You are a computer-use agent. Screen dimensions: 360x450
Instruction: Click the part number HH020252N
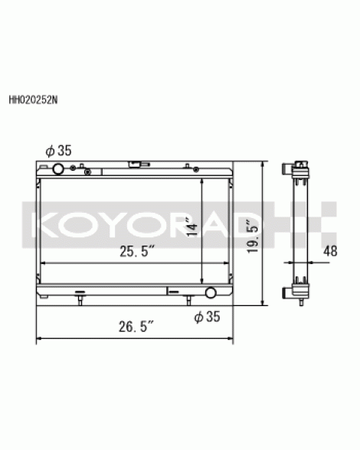[33, 99]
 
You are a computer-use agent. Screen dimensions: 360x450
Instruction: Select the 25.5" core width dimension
[137, 251]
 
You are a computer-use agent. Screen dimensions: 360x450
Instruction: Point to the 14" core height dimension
[192, 227]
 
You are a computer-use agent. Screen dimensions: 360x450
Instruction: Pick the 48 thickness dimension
[330, 251]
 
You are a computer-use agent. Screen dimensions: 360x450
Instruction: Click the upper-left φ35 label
[58, 151]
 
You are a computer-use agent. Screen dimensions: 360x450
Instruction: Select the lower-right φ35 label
[207, 317]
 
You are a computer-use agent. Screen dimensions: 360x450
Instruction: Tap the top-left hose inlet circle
[57, 169]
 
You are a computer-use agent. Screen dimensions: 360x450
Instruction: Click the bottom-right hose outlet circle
[211, 292]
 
